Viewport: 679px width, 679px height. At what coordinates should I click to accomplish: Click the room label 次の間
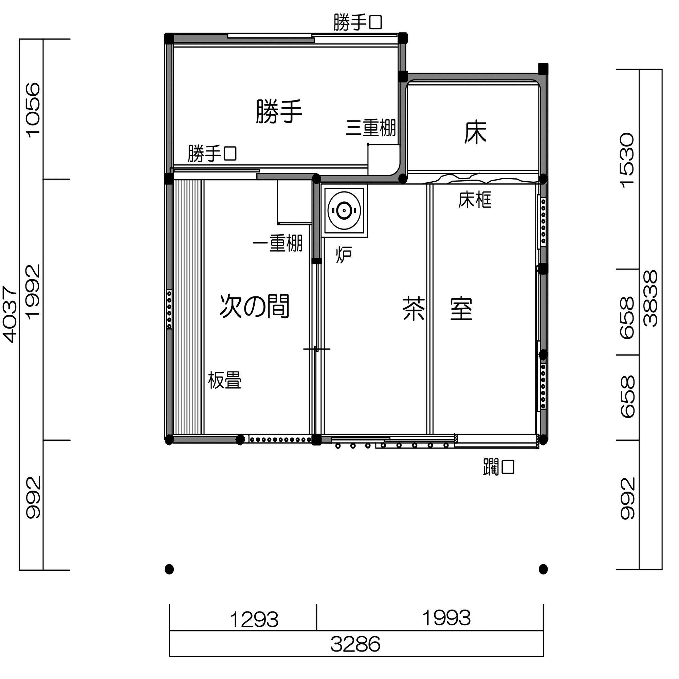pos(254,307)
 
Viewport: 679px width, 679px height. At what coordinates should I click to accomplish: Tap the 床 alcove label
pos(475,132)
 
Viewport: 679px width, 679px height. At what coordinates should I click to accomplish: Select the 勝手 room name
pos(279,111)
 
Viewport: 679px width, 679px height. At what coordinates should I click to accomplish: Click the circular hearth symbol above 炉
pos(344,211)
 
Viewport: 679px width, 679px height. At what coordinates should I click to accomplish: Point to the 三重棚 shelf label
pos(371,128)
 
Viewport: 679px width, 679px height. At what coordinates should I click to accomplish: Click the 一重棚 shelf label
pos(278,243)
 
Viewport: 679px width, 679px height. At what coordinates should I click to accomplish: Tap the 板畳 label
pos(224,380)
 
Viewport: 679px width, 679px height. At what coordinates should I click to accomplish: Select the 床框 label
pos(475,200)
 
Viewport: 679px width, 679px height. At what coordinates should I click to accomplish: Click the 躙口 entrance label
pos(499,467)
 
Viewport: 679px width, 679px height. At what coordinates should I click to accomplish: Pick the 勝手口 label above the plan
pos(357,22)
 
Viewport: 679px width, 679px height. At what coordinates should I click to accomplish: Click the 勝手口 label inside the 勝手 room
pos(212,153)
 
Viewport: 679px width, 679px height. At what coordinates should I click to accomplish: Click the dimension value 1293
pos(254,620)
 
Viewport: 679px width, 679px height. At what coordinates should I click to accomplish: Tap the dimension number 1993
pos(446,618)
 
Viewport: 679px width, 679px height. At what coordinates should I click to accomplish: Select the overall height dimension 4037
pos(10,314)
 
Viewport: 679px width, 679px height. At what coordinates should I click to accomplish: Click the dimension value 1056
pos(33,110)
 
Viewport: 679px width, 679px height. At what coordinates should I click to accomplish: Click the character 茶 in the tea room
pos(414,309)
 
